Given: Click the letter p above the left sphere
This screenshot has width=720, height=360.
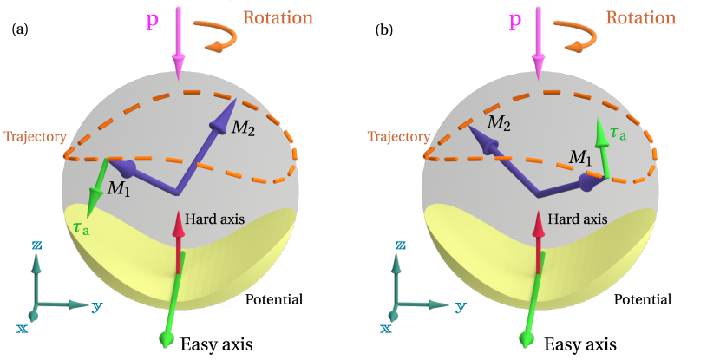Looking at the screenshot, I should click(x=152, y=20).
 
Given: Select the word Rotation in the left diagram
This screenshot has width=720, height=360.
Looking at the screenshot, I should click(x=278, y=17).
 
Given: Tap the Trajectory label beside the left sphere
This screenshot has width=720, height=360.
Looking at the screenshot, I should click(x=36, y=137).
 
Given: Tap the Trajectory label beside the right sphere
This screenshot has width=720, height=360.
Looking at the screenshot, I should click(x=398, y=137).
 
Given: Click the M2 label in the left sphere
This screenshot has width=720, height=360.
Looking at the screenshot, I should click(x=244, y=128).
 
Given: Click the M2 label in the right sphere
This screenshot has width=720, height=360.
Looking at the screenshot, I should click(x=498, y=124).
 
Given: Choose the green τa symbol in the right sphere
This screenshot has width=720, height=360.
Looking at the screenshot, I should click(x=618, y=133).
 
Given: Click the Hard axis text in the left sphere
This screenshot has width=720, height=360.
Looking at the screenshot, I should click(x=212, y=219).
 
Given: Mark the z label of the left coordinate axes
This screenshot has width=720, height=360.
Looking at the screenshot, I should click(x=37, y=245).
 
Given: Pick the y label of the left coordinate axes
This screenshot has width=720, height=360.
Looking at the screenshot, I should click(x=97, y=306).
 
